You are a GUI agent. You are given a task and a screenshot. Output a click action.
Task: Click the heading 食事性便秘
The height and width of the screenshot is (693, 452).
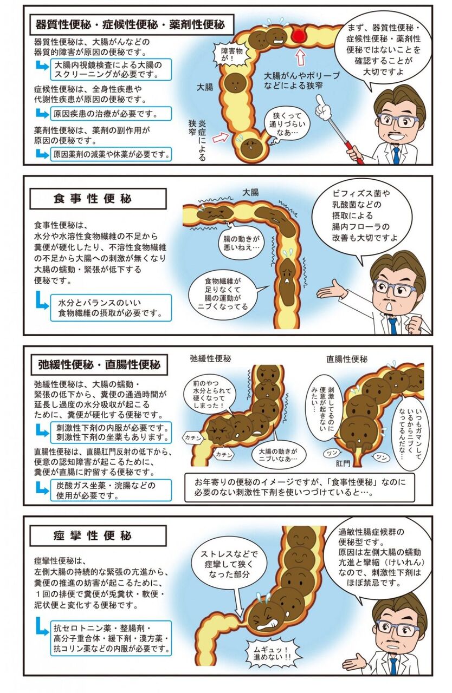[x=93, y=199]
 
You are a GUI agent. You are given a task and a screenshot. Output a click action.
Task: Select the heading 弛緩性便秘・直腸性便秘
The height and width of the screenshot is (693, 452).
[x=99, y=365]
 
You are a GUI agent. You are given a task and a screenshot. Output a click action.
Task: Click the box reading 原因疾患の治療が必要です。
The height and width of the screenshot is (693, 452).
[x=111, y=114]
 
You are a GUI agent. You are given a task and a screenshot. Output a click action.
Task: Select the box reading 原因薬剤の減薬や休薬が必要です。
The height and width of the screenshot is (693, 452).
[x=111, y=154]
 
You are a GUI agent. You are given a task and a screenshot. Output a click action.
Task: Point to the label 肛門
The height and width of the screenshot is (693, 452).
[x=343, y=463]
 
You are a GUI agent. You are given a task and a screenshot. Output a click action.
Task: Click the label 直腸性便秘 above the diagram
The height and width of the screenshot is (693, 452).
[x=347, y=359]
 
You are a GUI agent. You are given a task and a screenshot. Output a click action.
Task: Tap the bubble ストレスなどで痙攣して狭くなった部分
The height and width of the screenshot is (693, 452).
[x=229, y=564]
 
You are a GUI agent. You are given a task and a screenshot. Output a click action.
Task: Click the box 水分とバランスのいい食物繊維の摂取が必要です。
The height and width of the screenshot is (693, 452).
[x=111, y=308]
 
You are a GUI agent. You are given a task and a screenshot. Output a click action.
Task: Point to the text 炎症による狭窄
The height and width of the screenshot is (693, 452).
[x=197, y=140]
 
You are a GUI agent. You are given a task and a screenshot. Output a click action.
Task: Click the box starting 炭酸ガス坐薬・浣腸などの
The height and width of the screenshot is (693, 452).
[x=111, y=491]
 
